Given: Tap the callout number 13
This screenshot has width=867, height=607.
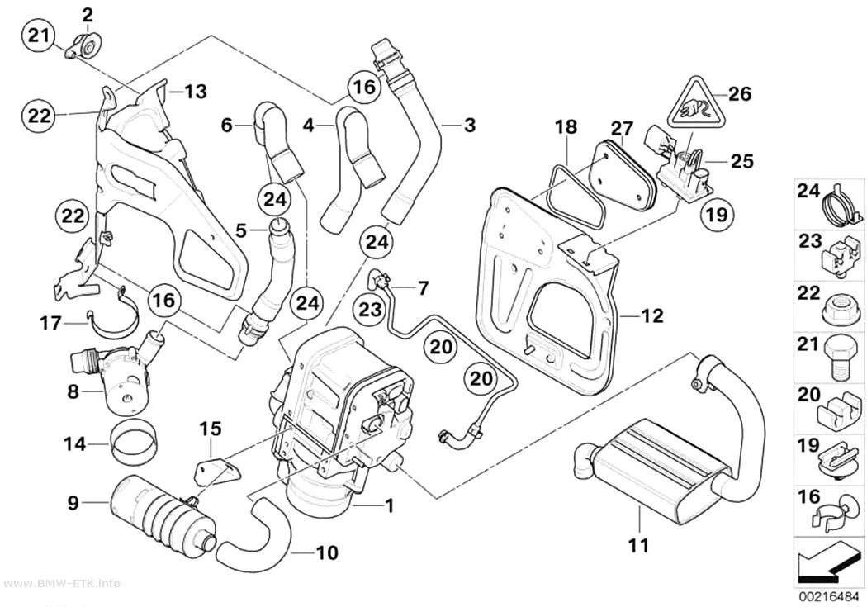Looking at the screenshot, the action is pyautogui.click(x=195, y=92).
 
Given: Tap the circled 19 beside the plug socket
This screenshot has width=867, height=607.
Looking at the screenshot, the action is pyautogui.click(x=718, y=214).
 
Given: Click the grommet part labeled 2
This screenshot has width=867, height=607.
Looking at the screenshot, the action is pyautogui.click(x=84, y=45).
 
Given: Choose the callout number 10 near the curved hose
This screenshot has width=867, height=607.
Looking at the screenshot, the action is pyautogui.click(x=327, y=552).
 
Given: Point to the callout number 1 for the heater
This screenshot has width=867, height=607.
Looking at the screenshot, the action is pyautogui.click(x=389, y=505).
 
